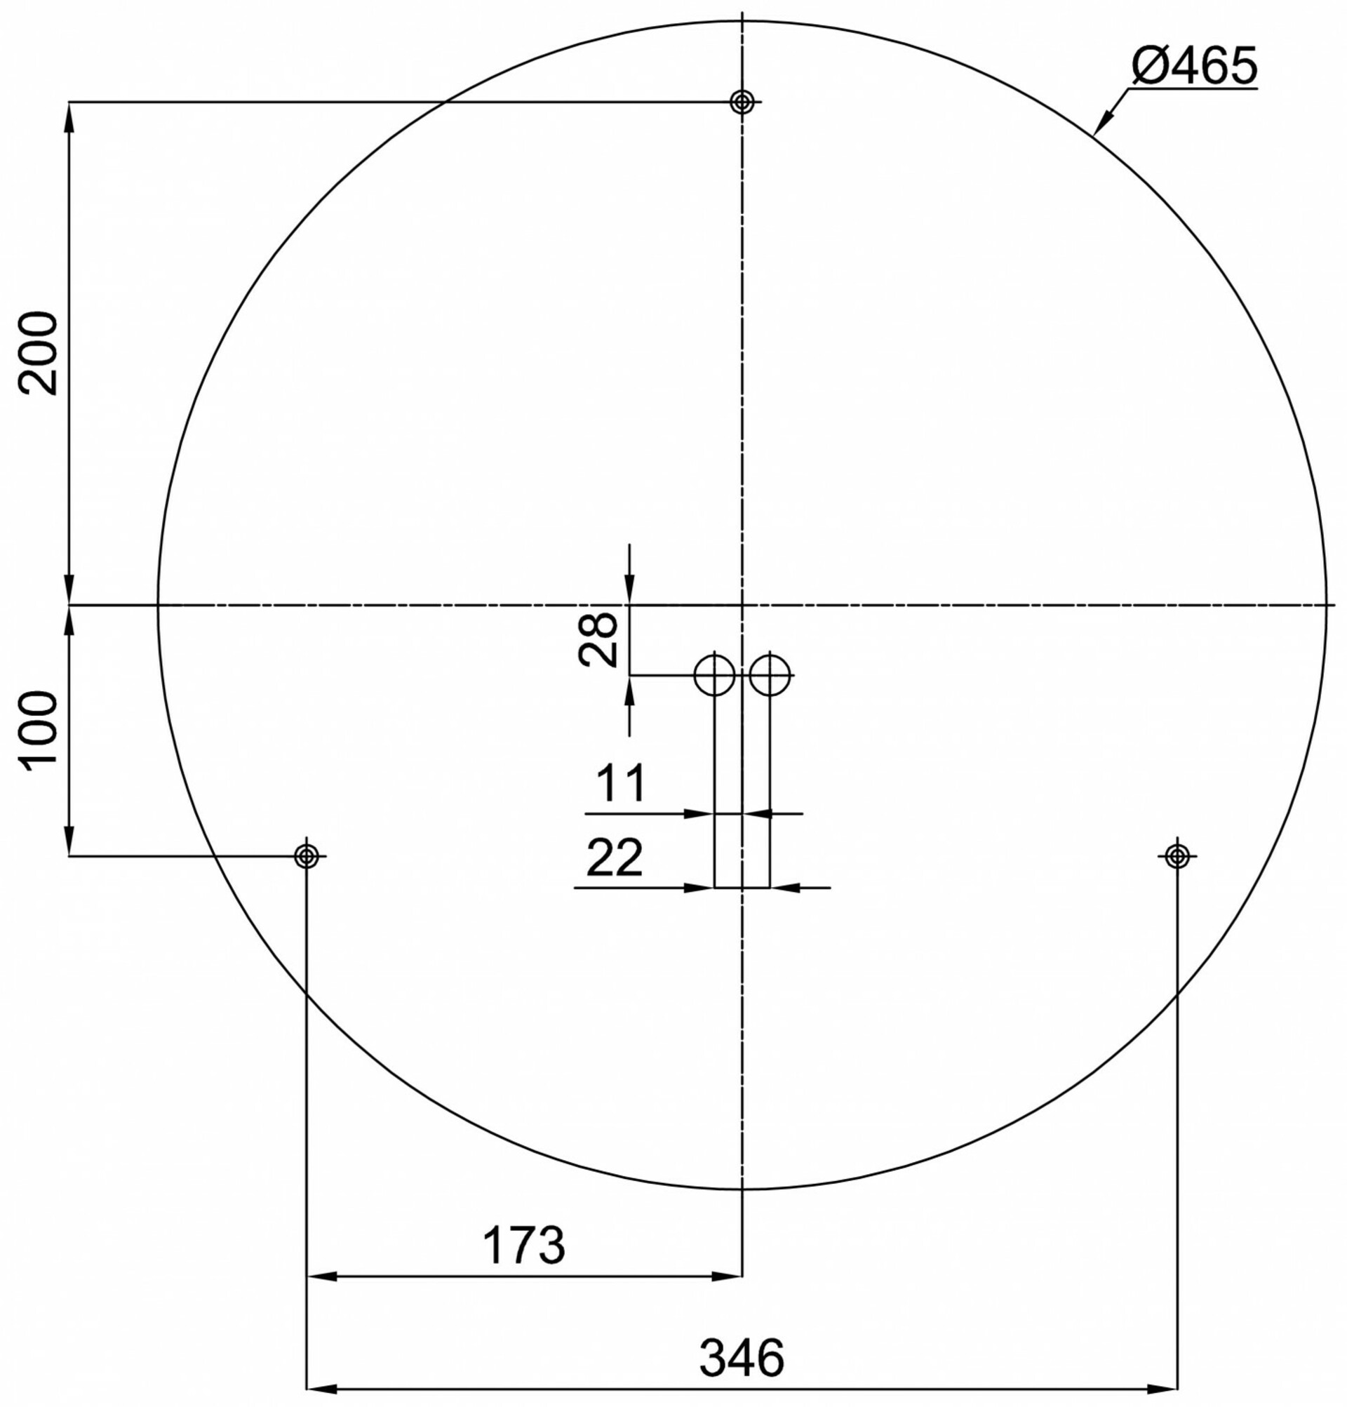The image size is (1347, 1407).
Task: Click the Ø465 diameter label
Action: [1194, 66]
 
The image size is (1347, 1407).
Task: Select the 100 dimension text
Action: [39, 731]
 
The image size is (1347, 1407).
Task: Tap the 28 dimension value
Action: [598, 639]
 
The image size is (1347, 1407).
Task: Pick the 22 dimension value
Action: [615, 857]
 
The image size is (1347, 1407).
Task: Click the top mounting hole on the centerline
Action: [742, 102]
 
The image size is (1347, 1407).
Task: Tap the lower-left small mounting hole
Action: [307, 855]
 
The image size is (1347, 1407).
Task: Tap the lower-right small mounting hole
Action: [1177, 855]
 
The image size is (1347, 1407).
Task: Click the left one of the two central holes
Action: [714, 675]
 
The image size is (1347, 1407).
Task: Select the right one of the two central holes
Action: [770, 675]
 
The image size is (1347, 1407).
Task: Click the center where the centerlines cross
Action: [742, 605]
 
